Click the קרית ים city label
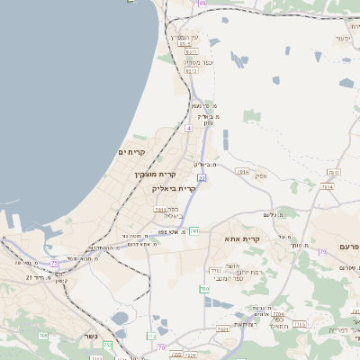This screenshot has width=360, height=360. [x=131, y=153]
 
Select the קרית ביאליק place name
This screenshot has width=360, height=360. [x=175, y=188]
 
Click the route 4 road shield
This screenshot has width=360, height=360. [x=189, y=130]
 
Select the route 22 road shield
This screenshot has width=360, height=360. [x=202, y=179]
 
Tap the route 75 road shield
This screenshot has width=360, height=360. [x=54, y=263]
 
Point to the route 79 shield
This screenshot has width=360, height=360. [x=322, y=252]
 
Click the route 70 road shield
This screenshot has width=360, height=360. [x=161, y=347]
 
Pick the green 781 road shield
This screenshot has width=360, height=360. [x=193, y=231]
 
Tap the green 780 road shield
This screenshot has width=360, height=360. [x=204, y=289]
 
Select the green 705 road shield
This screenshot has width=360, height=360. [x=42, y=335]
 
